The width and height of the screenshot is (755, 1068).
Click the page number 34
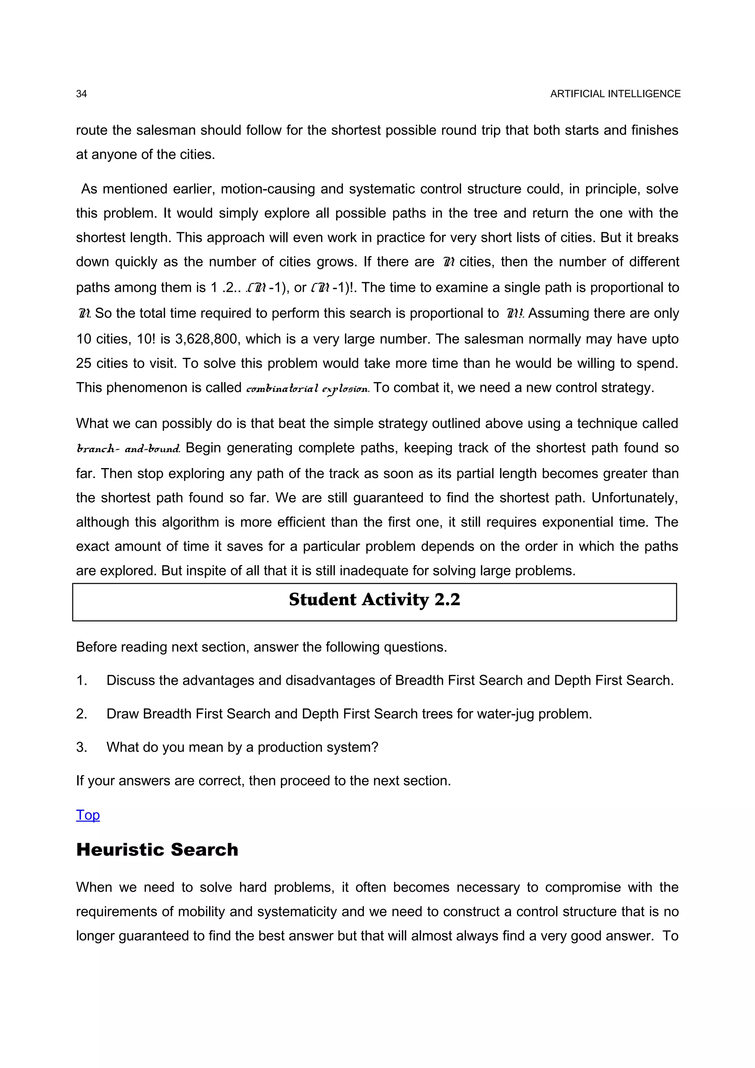pyautogui.click(x=81, y=94)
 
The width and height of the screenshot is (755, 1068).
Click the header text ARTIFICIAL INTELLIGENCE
pyautogui.click(x=615, y=94)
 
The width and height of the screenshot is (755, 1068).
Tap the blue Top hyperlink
pyautogui.click(x=88, y=814)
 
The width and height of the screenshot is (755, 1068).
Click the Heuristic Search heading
pyautogui.click(x=157, y=849)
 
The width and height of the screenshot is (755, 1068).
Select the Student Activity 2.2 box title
pyautogui.click(x=375, y=600)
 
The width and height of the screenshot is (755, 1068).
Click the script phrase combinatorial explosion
pyautogui.click(x=307, y=388)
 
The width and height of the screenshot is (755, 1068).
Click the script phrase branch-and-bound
pyautogui.click(x=128, y=449)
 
